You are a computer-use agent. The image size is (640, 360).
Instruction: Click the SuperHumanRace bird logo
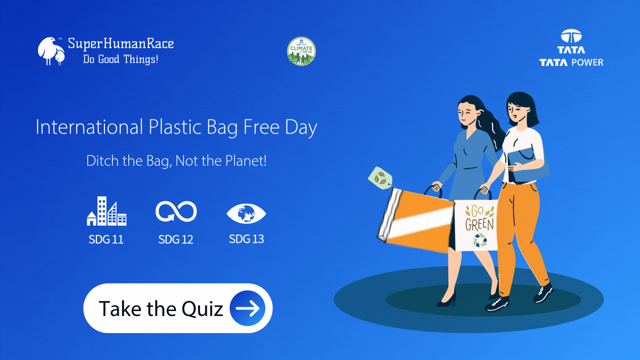pyautogui.click(x=51, y=51)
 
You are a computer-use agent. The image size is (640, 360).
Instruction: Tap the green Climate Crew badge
pyautogui.click(x=301, y=51)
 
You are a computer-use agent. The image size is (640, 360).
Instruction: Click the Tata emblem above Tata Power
pyautogui.click(x=571, y=36)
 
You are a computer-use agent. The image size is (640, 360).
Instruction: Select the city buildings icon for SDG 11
pyautogui.click(x=107, y=211)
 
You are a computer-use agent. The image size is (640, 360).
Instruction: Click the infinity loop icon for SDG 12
pyautogui.click(x=176, y=211)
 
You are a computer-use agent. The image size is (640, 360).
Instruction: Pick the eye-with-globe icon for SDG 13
pyautogui.click(x=246, y=213)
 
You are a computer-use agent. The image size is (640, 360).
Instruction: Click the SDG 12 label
pyautogui.click(x=176, y=239)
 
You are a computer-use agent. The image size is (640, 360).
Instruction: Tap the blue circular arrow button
pyautogui.click(x=247, y=308)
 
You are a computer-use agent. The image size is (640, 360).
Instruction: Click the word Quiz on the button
pyautogui.click(x=202, y=309)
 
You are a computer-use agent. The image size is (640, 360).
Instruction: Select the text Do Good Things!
pyautogui.click(x=121, y=59)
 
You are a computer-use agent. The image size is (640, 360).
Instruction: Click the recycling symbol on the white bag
pyautogui.click(x=480, y=240)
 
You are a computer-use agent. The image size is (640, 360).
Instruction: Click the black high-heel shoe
pyautogui.click(x=447, y=300)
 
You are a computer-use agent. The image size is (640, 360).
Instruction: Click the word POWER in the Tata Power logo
pyautogui.click(x=587, y=62)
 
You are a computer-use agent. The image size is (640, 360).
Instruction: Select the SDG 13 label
pyautogui.click(x=246, y=239)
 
